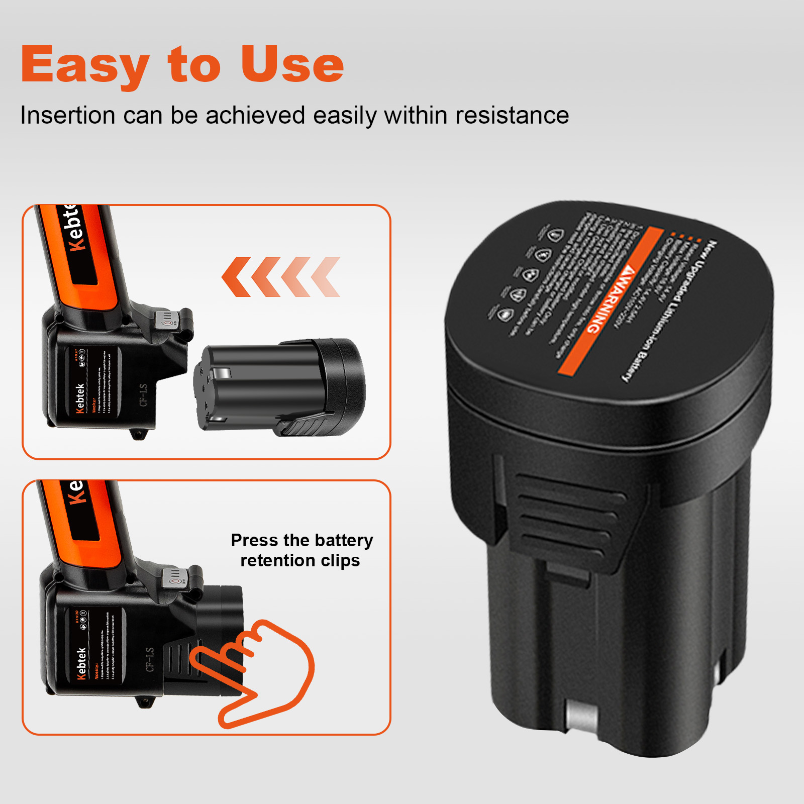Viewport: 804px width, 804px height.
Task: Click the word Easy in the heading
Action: point(84,65)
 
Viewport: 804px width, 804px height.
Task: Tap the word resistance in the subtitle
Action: point(512,116)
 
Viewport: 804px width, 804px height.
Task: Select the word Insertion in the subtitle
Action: point(68,116)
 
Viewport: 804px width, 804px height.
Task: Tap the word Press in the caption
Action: point(255,540)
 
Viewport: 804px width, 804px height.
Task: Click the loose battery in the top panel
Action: point(279,387)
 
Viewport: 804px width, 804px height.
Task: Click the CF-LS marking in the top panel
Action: point(143,395)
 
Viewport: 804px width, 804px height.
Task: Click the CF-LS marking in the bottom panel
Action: point(150,660)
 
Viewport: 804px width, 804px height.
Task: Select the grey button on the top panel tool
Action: point(167,319)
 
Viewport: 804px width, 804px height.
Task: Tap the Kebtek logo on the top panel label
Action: point(80,398)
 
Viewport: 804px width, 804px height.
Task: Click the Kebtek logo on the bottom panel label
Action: point(81,663)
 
